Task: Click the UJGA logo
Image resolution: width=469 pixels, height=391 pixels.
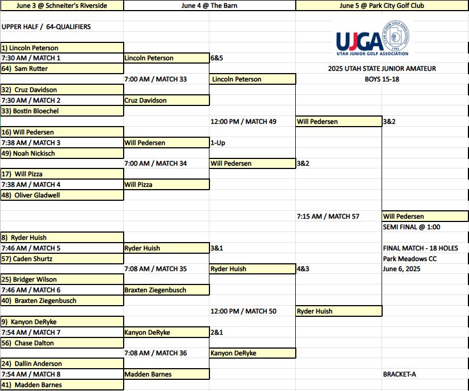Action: tap(373, 38)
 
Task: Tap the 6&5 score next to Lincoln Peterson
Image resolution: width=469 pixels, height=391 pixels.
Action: tap(217, 58)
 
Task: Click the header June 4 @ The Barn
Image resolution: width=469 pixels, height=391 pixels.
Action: tap(209, 6)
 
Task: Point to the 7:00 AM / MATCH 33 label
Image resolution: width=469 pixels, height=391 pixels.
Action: tap(155, 79)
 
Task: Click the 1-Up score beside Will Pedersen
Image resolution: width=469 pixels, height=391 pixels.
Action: tap(218, 143)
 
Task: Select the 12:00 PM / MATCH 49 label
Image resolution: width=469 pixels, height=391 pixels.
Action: tap(243, 122)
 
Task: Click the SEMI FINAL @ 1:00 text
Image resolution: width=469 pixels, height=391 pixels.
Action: tap(412, 227)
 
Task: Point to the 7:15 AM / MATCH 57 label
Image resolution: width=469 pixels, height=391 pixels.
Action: tap(328, 216)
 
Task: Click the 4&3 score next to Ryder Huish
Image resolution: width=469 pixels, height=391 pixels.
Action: tap(303, 269)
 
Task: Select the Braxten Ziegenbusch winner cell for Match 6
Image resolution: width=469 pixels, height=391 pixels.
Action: tap(167, 290)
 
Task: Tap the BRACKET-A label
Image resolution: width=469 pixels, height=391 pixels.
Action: tap(399, 374)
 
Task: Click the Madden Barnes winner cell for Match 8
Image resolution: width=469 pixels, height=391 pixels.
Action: tap(167, 374)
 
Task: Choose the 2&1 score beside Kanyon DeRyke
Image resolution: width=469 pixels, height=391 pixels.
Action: tap(217, 332)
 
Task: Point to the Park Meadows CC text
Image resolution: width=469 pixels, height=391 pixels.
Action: tap(410, 259)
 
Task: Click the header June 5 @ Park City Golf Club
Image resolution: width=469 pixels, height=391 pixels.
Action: tap(382, 6)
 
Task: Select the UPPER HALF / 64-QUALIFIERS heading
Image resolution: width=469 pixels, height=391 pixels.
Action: tap(46, 27)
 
